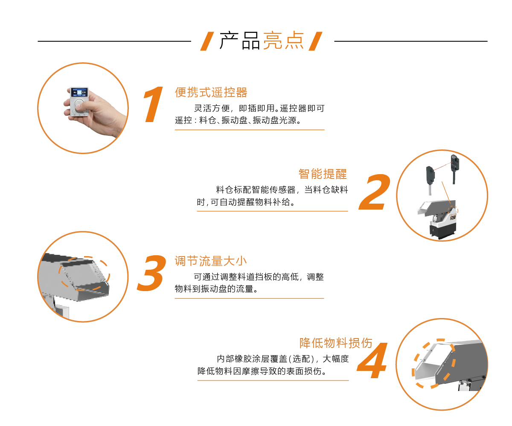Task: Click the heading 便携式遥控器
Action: (211, 92)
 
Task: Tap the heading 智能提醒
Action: (323, 174)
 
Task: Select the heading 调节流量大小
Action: (211, 261)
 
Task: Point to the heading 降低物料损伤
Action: (336, 343)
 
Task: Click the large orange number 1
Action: (154, 104)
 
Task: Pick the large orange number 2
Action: (375, 192)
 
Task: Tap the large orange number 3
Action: (151, 273)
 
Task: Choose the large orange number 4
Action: (372, 360)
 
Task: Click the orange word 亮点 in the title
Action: (283, 41)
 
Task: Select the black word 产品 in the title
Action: (240, 41)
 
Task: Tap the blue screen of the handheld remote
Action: (79, 93)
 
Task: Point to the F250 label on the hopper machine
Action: (453, 217)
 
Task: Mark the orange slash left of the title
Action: (207, 41)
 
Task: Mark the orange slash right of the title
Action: (315, 41)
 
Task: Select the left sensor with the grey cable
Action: (430, 179)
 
